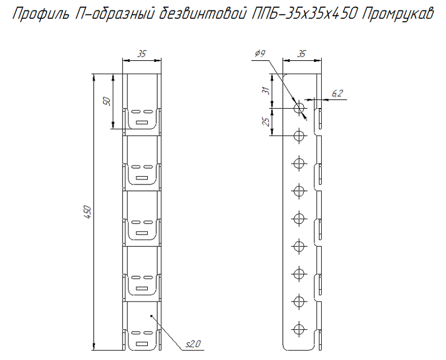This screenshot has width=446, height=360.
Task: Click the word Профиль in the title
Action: coord(41,13)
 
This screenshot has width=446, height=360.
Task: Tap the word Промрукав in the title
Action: coord(398,13)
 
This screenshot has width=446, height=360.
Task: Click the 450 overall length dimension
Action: coord(88,212)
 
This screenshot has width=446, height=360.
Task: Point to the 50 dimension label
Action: coord(106,101)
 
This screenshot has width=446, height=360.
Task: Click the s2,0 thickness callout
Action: coord(193,344)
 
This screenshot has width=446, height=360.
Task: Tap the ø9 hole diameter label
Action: coord(260,53)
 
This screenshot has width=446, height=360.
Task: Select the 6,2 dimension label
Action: coord(337,93)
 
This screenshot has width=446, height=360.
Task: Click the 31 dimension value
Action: coord(266,91)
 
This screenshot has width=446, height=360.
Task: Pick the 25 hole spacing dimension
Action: coord(266,121)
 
